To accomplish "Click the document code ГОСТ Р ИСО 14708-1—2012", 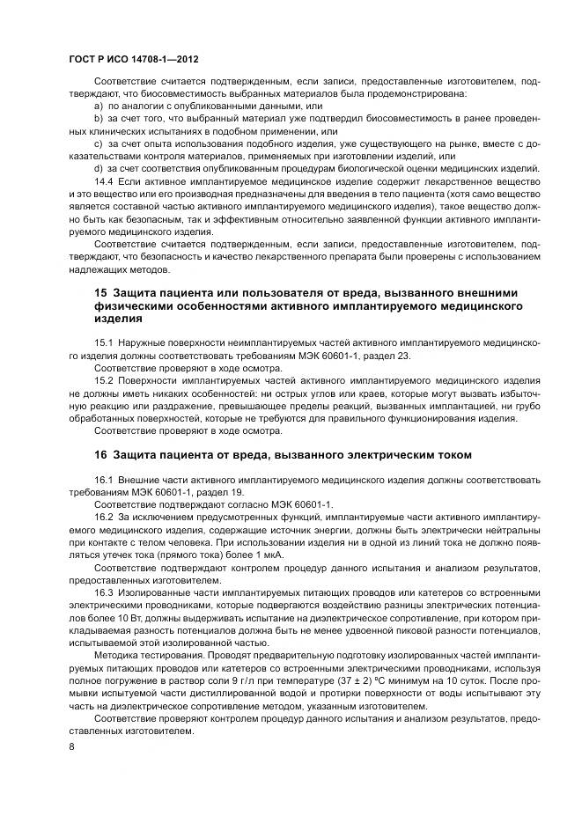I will pos(132,58).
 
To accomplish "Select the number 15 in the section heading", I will pos(100,292).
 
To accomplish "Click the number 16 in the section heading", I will pos(100,454).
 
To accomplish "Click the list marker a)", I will pos(99,106).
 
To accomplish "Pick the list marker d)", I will pos(99,167).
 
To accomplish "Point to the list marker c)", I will pos(99,143).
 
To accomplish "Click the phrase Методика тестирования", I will pos(142,658).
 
